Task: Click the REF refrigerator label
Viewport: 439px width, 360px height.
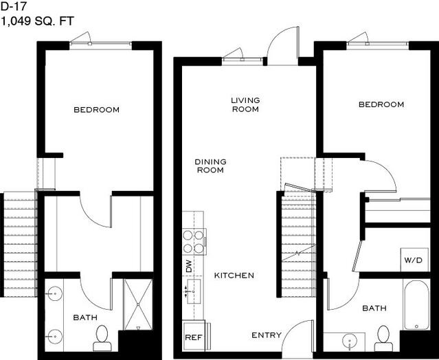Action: coord(194,337)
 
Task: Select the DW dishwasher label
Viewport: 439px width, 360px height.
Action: coord(189,266)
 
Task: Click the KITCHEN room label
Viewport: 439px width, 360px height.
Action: coord(234,275)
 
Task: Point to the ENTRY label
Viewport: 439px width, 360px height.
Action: coord(267,335)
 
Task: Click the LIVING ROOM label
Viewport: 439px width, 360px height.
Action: coord(245,104)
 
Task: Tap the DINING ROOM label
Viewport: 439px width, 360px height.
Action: coord(210,166)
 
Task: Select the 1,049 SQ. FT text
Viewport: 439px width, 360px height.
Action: coord(38,21)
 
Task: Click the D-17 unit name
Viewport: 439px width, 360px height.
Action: coord(14,6)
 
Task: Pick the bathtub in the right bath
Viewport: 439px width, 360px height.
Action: coord(416,305)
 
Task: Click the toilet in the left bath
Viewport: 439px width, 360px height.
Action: coord(102,338)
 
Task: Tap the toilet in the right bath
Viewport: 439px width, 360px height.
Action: coord(383,338)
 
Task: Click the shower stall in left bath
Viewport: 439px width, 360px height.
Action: coord(138,304)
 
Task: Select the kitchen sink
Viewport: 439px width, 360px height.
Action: coord(194,291)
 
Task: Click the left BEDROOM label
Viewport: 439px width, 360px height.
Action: coord(97,109)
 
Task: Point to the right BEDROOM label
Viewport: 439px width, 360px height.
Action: coord(381,104)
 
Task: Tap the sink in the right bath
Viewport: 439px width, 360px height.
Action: coord(350,341)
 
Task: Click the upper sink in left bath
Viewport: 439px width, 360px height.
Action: coord(54,293)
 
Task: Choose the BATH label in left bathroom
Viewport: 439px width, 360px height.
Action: coord(85,317)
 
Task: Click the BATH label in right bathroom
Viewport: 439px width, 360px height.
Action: coord(374,308)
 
